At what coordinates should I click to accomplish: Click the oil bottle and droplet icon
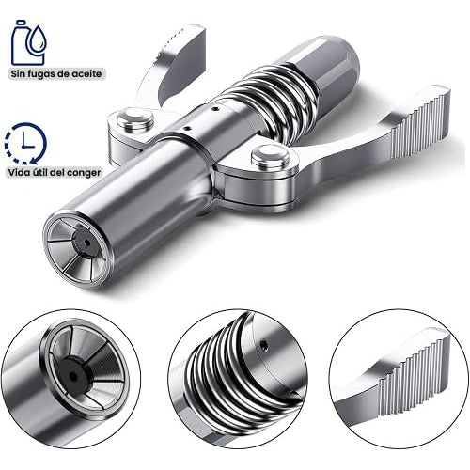pos(29,42)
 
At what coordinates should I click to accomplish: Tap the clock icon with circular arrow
pos(25,144)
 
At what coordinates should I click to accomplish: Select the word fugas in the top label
pos(39,74)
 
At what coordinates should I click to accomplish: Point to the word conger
pos(86,173)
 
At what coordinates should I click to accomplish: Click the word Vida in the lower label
pos(19,172)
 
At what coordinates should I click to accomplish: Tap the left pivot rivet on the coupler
pos(135,118)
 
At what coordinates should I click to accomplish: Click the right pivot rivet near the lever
pos(270,156)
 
